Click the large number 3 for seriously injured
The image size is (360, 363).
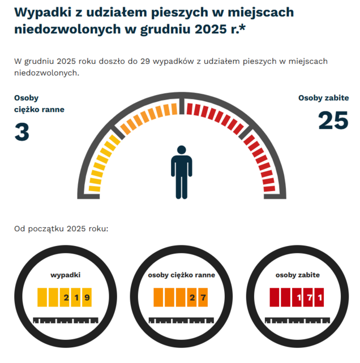pyautogui.click(x=22, y=132)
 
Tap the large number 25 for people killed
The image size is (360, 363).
pyautogui.click(x=332, y=120)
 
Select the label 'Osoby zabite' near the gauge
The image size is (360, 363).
pyautogui.click(x=323, y=98)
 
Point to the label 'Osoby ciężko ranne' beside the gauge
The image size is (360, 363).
pyautogui.click(x=39, y=103)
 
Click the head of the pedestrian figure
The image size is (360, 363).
pyautogui.click(x=181, y=151)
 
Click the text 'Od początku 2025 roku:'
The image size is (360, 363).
pyautogui.click(x=61, y=229)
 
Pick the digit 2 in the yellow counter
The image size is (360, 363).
pyautogui.click(x=66, y=297)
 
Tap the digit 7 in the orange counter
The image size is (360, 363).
pyautogui.click(x=203, y=297)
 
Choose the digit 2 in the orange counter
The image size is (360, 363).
pyautogui.click(x=192, y=297)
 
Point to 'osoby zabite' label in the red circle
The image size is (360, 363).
pyautogui.click(x=298, y=275)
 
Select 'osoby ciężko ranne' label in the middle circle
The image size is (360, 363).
pyautogui.click(x=181, y=275)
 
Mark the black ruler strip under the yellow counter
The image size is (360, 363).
pyautogui.click(x=65, y=320)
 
